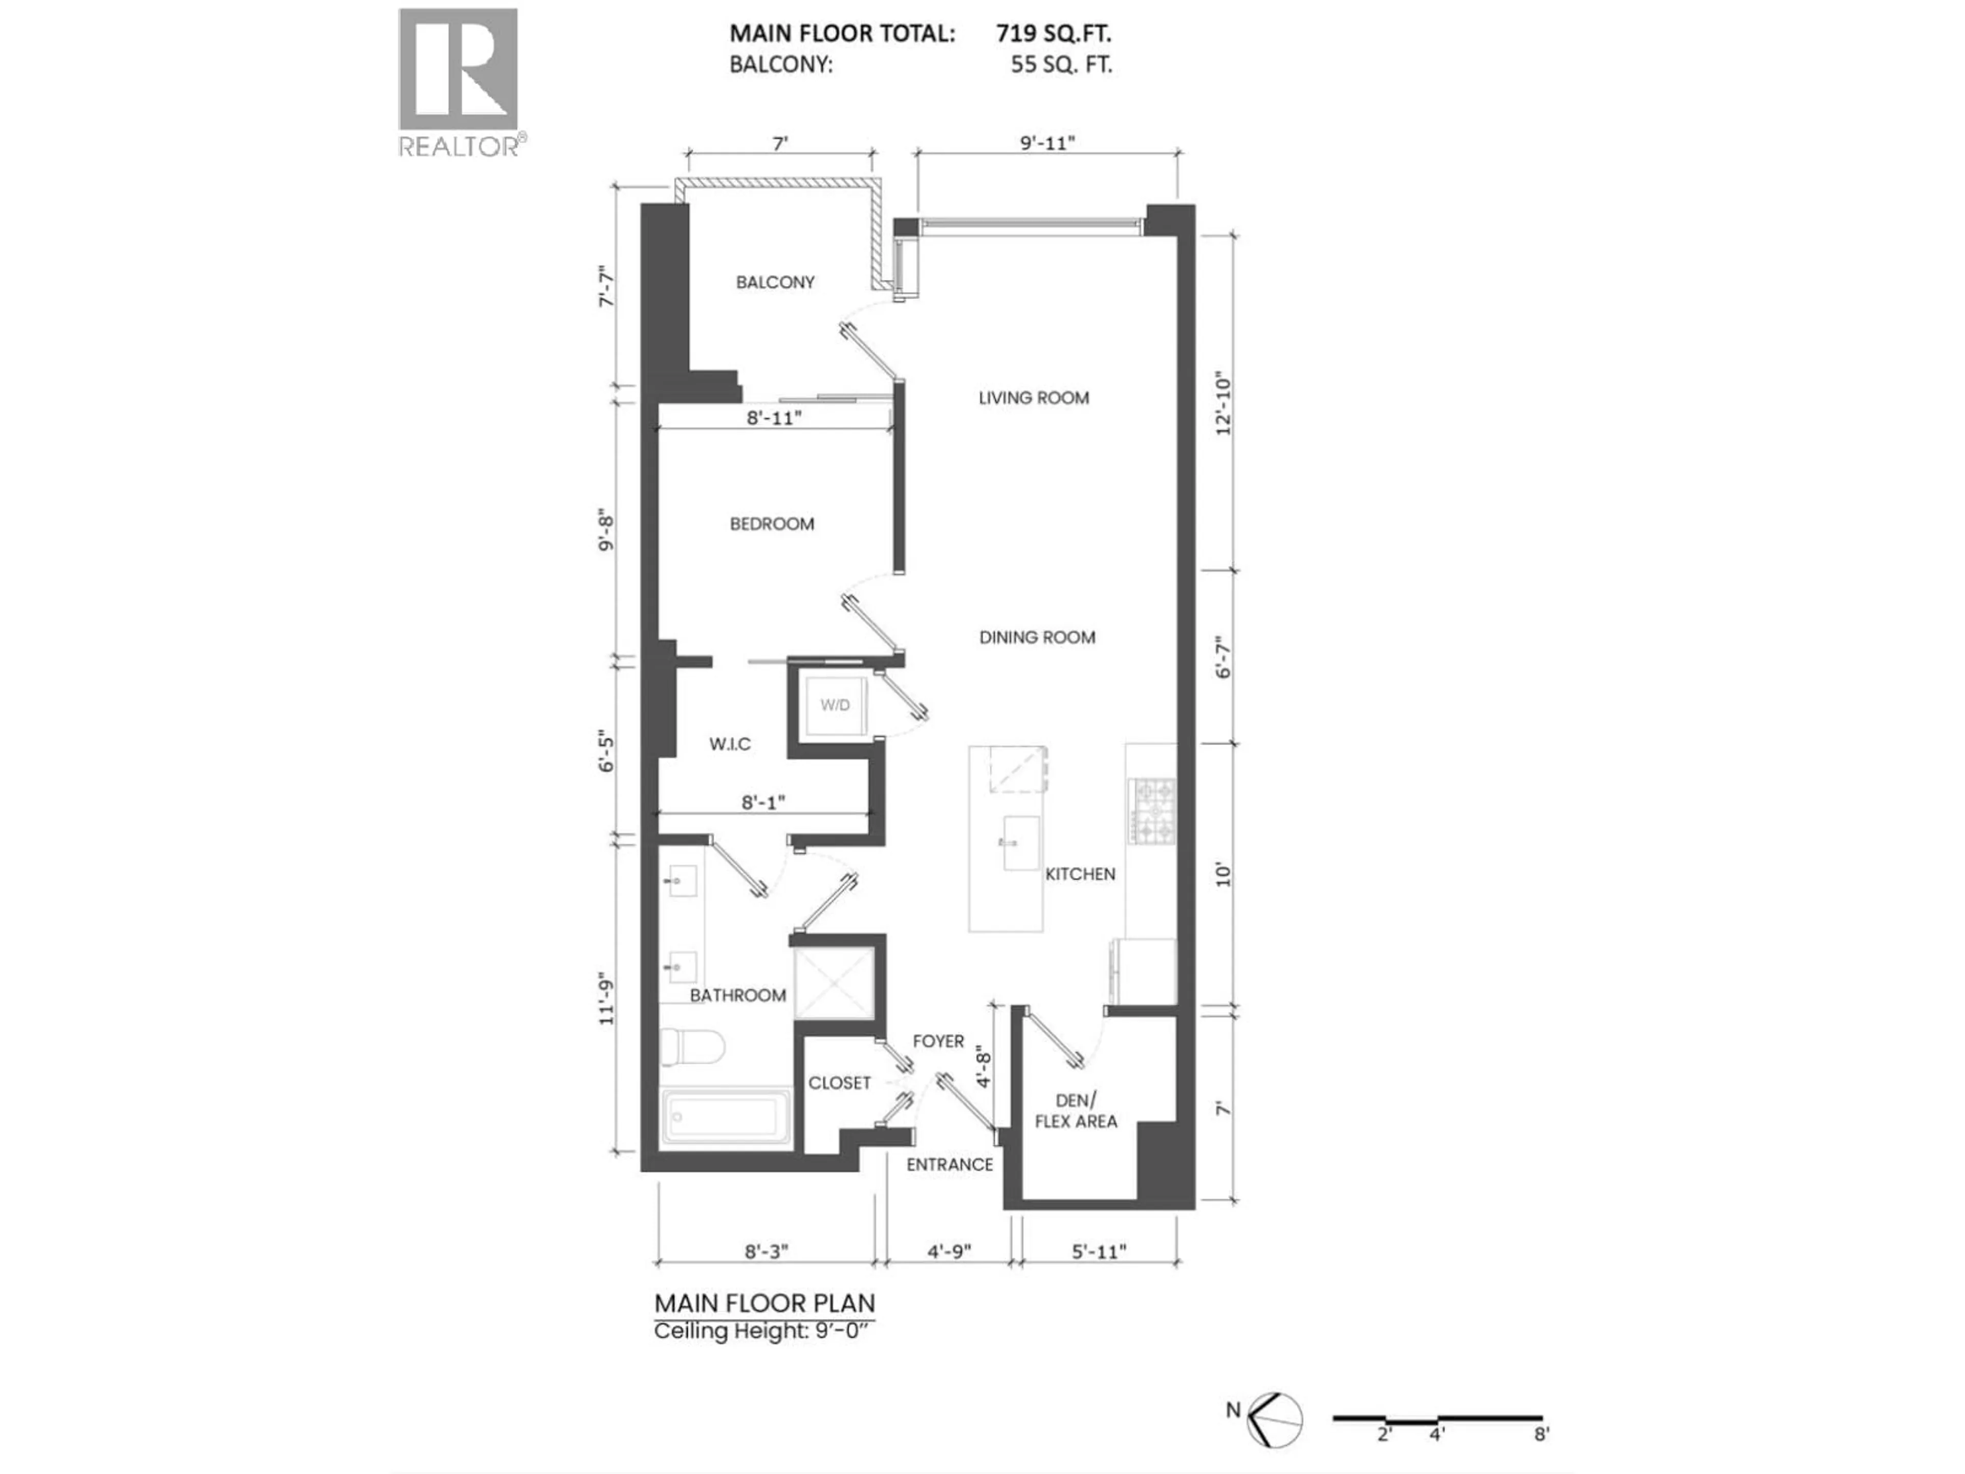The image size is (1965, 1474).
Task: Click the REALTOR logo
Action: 458,82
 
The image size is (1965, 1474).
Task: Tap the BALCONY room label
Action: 775,283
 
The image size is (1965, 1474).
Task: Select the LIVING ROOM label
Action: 1033,398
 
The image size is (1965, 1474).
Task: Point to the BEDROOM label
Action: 771,524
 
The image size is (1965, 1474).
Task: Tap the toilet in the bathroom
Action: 693,1051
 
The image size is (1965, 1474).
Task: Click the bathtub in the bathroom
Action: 726,1115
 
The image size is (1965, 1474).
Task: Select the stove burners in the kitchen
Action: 1152,810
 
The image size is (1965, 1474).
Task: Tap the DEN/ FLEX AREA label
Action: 1076,1111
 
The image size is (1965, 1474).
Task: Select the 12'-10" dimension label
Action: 1224,402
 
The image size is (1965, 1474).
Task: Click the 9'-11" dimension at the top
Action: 1047,143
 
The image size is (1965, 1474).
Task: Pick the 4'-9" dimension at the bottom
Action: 949,1251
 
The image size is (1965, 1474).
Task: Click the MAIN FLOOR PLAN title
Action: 764,1304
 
